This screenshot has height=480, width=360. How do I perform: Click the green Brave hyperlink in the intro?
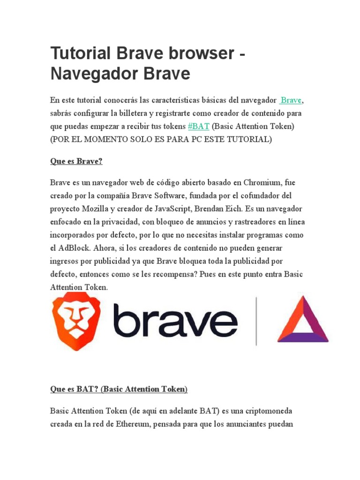pyautogui.click(x=291, y=100)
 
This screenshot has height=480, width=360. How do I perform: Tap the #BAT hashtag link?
pyautogui.click(x=198, y=127)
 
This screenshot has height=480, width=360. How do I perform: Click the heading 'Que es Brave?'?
pyautogui.click(x=76, y=161)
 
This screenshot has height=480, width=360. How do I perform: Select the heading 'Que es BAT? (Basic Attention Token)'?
pyautogui.click(x=119, y=389)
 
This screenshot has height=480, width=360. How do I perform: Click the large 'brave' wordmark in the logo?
pyautogui.click(x=175, y=321)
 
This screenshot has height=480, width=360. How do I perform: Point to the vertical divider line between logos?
pyautogui.click(x=256, y=322)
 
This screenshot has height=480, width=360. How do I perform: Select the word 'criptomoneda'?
pyautogui.click(x=268, y=411)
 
